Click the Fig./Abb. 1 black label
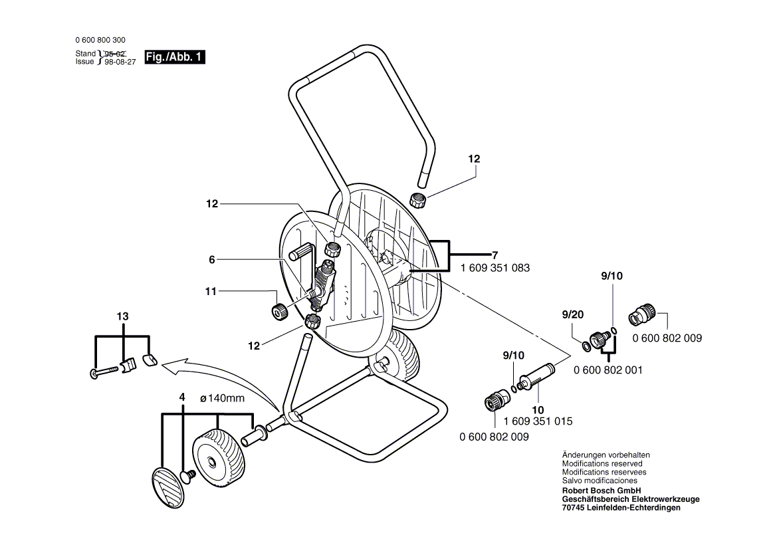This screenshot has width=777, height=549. [174, 57]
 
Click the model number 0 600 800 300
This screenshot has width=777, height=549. [100, 40]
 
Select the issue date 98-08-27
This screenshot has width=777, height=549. [120, 62]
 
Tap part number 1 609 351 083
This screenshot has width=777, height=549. [495, 268]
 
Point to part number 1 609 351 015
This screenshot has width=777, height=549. [538, 421]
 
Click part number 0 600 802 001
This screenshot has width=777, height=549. [608, 370]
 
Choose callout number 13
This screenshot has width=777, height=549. [122, 316]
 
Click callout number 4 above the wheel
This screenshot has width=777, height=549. [182, 397]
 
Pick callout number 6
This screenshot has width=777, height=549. [211, 260]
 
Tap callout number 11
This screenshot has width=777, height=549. [211, 291]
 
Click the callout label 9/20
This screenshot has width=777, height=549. [573, 314]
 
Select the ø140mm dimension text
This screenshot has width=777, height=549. [222, 398]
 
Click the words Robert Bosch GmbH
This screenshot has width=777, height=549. [601, 491]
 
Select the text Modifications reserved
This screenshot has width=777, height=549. [602, 464]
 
